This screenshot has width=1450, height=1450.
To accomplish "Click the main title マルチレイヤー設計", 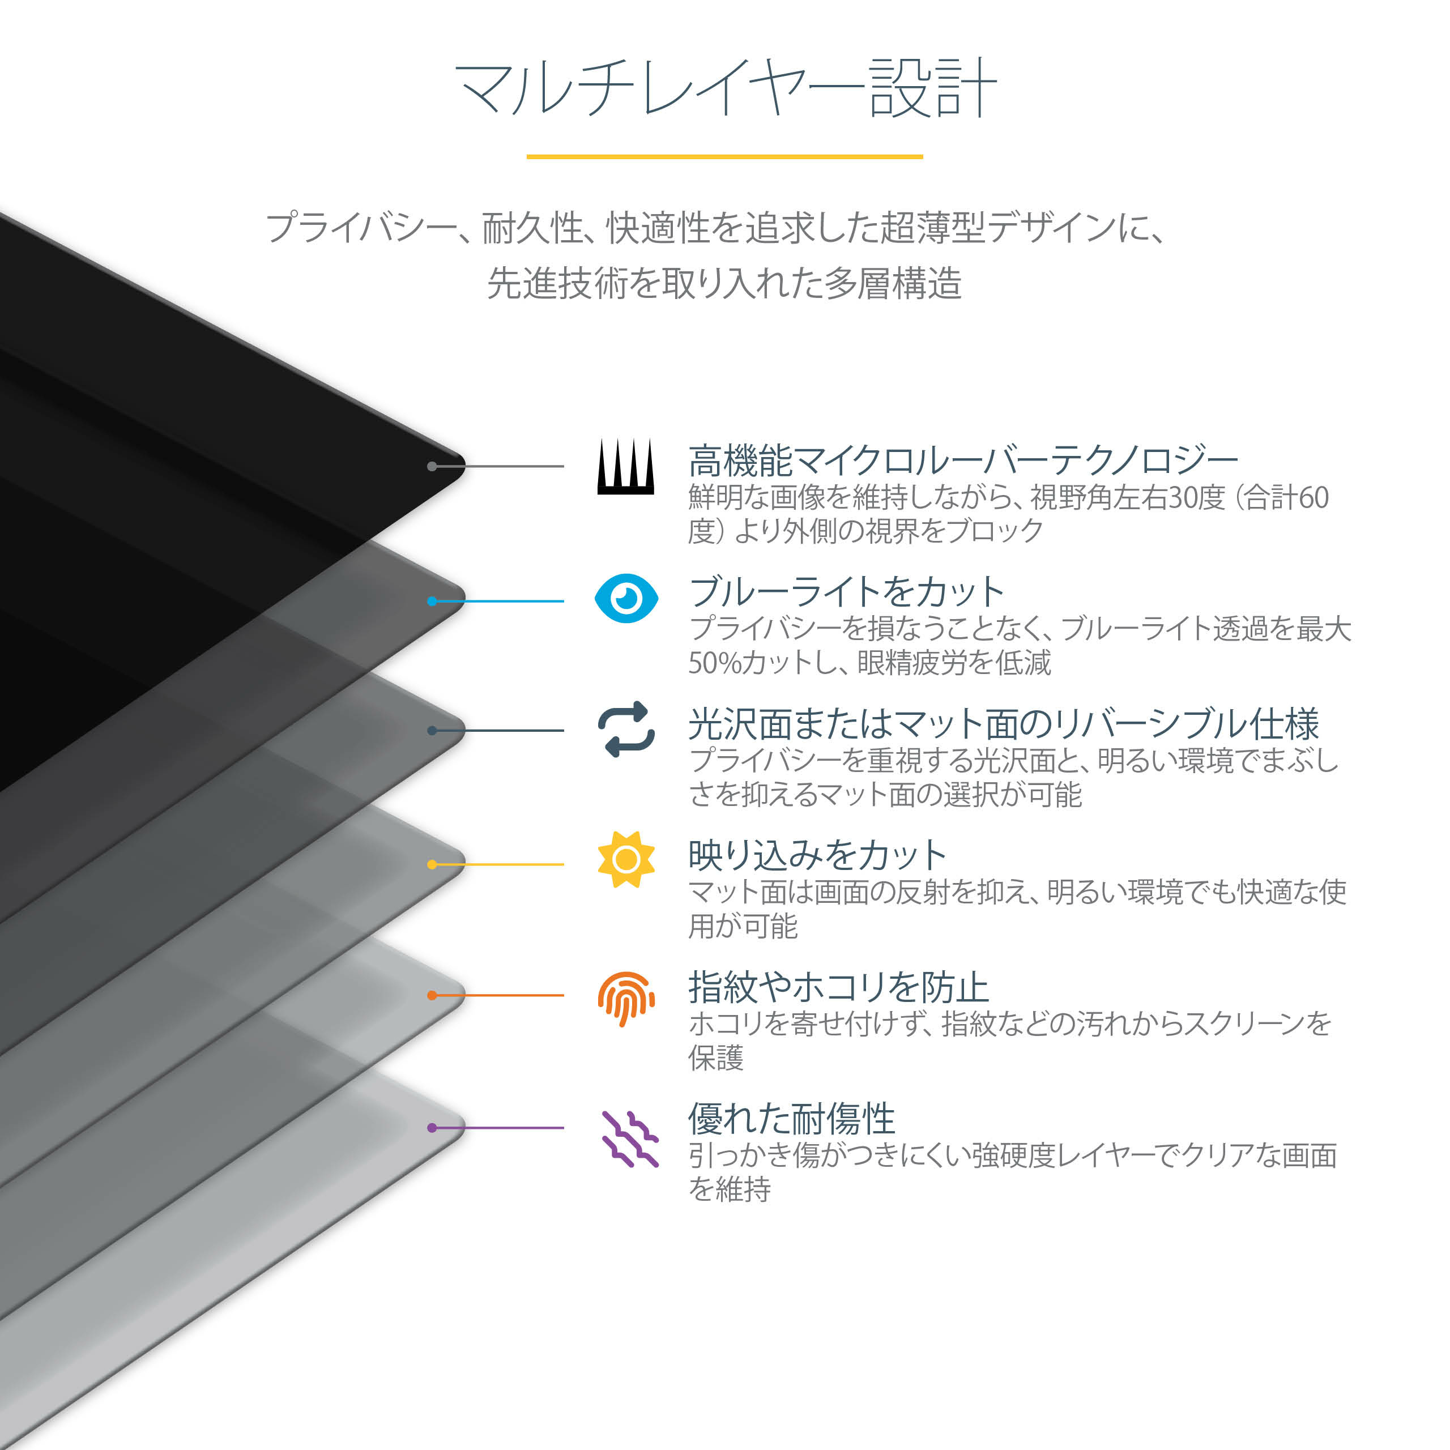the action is point(725,88).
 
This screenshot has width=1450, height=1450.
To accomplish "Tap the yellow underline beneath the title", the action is point(724,157).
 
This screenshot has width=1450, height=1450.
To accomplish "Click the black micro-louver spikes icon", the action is point(626,467).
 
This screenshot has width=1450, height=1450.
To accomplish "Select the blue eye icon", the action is point(626,598).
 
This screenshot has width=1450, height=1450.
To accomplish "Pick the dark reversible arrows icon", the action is point(626,730).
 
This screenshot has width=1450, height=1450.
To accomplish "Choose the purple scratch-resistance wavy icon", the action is point(630,1139).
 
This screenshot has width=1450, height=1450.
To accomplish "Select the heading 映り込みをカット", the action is point(817,855).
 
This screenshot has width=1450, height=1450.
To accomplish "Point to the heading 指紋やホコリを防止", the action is point(838,987).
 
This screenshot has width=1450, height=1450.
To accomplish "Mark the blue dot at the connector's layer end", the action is point(432,601).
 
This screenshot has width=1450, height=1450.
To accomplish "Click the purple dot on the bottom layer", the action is point(432,1127).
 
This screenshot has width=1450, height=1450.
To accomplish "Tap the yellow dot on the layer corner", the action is point(432,864).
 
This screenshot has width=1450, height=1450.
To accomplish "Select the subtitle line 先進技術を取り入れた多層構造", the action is point(724,284).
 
